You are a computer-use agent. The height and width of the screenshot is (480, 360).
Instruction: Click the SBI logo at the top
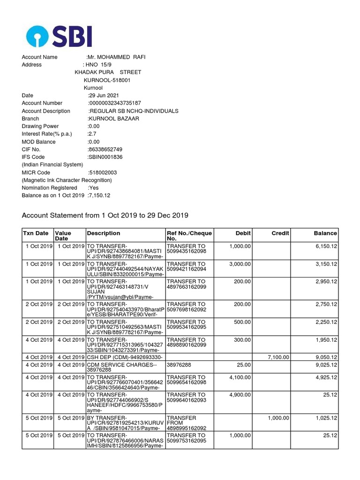tap(59, 36)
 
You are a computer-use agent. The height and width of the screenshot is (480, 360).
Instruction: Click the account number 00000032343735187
tap(115, 103)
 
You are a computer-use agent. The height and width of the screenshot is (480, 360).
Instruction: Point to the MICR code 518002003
tap(103, 172)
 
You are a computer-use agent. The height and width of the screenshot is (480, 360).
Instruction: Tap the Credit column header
tap(280, 233)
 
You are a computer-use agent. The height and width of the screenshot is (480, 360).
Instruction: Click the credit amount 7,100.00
tap(278, 357)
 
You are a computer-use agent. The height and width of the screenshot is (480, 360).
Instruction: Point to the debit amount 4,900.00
tap(240, 395)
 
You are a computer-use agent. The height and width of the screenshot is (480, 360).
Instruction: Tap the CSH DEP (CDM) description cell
tap(124, 357)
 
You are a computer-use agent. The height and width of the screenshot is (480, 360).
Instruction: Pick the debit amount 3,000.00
tap(240, 264)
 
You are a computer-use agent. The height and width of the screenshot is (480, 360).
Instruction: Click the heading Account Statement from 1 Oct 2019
tap(105, 216)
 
